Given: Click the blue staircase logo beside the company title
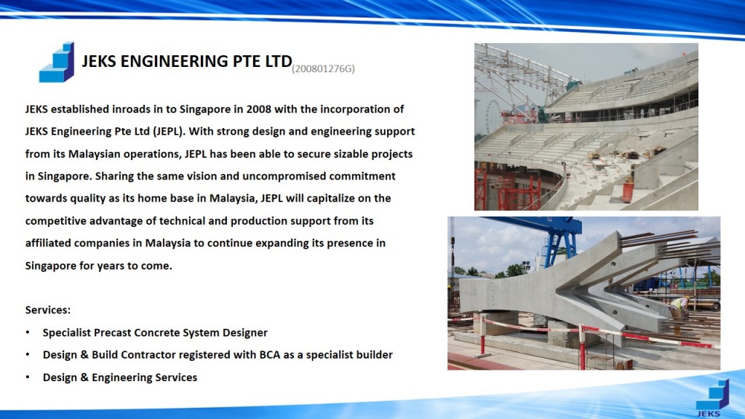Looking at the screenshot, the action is click(x=57, y=63).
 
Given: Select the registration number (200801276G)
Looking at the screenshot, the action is click(x=324, y=69).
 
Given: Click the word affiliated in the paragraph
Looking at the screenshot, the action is click(x=48, y=243).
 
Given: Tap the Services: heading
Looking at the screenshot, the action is click(x=48, y=310).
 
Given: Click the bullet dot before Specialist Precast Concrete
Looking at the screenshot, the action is click(x=28, y=332).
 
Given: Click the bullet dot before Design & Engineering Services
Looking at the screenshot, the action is click(x=28, y=378).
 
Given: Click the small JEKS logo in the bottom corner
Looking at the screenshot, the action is click(x=712, y=398).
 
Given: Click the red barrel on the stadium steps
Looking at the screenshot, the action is click(x=628, y=192).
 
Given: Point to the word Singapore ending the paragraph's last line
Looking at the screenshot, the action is click(x=51, y=266).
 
